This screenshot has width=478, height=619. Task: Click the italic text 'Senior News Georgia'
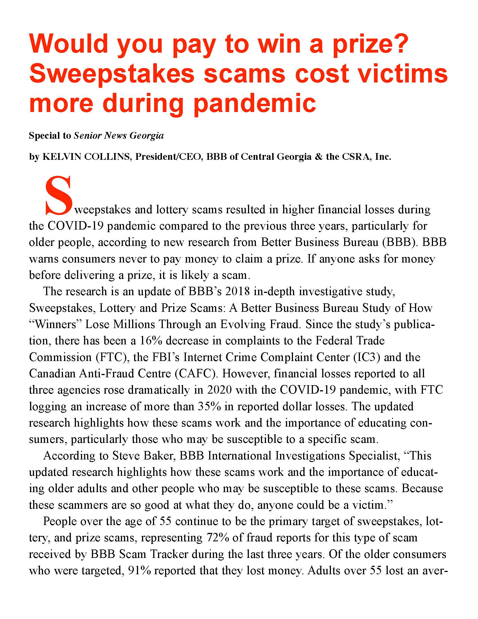119,136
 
